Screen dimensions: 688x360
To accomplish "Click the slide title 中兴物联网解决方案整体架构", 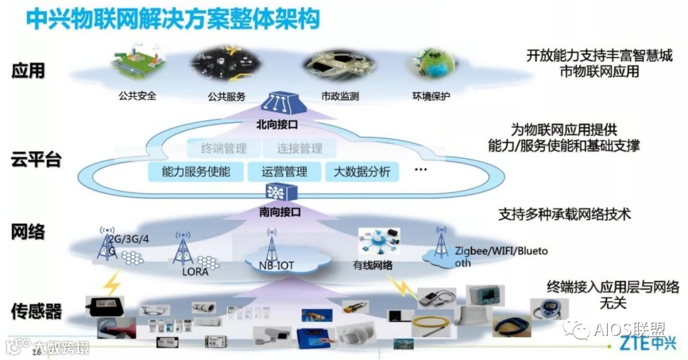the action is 172,18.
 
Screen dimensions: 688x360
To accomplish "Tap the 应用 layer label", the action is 29,70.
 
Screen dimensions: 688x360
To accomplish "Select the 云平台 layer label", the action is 36,159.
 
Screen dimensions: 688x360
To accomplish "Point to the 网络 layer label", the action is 29,231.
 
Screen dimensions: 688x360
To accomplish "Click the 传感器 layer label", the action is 36,311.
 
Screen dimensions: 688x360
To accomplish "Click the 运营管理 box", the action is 284,171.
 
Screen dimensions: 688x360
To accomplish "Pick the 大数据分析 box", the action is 362,171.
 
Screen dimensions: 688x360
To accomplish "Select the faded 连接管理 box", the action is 299,149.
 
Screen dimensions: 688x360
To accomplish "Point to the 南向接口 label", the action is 279,211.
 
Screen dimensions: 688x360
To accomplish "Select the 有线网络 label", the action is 373,265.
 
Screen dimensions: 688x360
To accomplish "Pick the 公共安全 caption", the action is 137,97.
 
